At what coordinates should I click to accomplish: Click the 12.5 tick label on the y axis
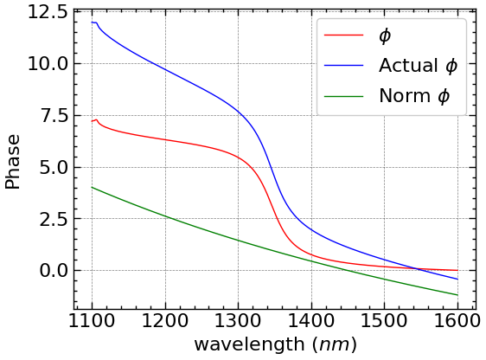click(48, 12)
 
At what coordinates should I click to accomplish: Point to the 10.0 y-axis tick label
click(48, 64)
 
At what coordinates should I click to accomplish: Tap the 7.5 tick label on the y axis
click(54, 116)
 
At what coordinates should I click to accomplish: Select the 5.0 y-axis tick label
click(54, 167)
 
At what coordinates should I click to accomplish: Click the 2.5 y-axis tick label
click(54, 219)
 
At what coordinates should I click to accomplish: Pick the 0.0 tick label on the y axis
click(54, 271)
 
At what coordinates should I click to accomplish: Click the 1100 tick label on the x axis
click(92, 320)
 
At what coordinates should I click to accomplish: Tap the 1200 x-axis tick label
click(165, 320)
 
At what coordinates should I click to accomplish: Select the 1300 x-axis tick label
click(238, 320)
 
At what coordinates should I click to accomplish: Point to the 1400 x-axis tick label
click(311, 320)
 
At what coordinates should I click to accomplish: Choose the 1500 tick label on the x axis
click(384, 320)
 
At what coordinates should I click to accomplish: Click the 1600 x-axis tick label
click(457, 320)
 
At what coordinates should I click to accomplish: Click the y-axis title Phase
click(13, 162)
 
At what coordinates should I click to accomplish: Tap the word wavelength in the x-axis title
click(250, 345)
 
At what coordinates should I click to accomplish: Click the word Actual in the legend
click(408, 66)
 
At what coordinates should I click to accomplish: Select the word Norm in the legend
click(405, 96)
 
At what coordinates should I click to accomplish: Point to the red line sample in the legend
click(343, 35)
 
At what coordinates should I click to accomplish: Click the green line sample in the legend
click(343, 96)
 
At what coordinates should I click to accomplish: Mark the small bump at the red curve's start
click(96, 120)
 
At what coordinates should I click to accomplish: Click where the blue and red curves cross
click(417, 268)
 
